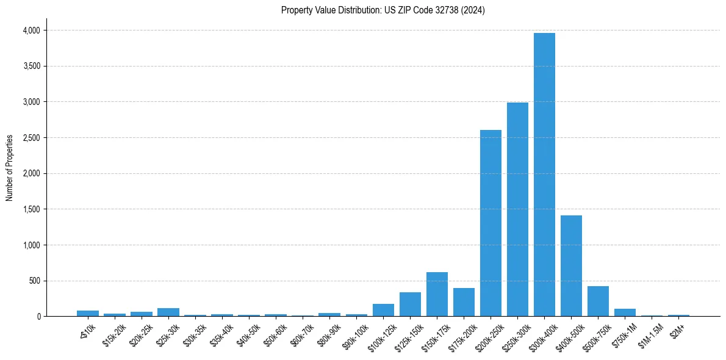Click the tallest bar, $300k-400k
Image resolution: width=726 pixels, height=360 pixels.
pyautogui.click(x=544, y=175)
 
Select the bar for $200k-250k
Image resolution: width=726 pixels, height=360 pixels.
pyautogui.click(x=491, y=223)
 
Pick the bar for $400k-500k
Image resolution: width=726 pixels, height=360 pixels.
pyautogui.click(x=571, y=266)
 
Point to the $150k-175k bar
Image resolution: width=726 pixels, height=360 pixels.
pyautogui.click(x=437, y=294)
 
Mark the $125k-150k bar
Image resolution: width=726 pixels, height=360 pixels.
pyautogui.click(x=410, y=304)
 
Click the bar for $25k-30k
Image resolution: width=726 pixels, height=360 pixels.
pyautogui.click(x=168, y=312)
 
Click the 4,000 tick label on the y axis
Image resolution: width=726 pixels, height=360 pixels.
pyautogui.click(x=31, y=31)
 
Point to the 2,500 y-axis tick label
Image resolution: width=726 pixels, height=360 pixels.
pyautogui.click(x=31, y=138)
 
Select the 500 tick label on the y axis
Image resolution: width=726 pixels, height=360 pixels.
pyautogui.click(x=34, y=281)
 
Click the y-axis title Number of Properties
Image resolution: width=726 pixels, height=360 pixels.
pyautogui.click(x=10, y=167)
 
